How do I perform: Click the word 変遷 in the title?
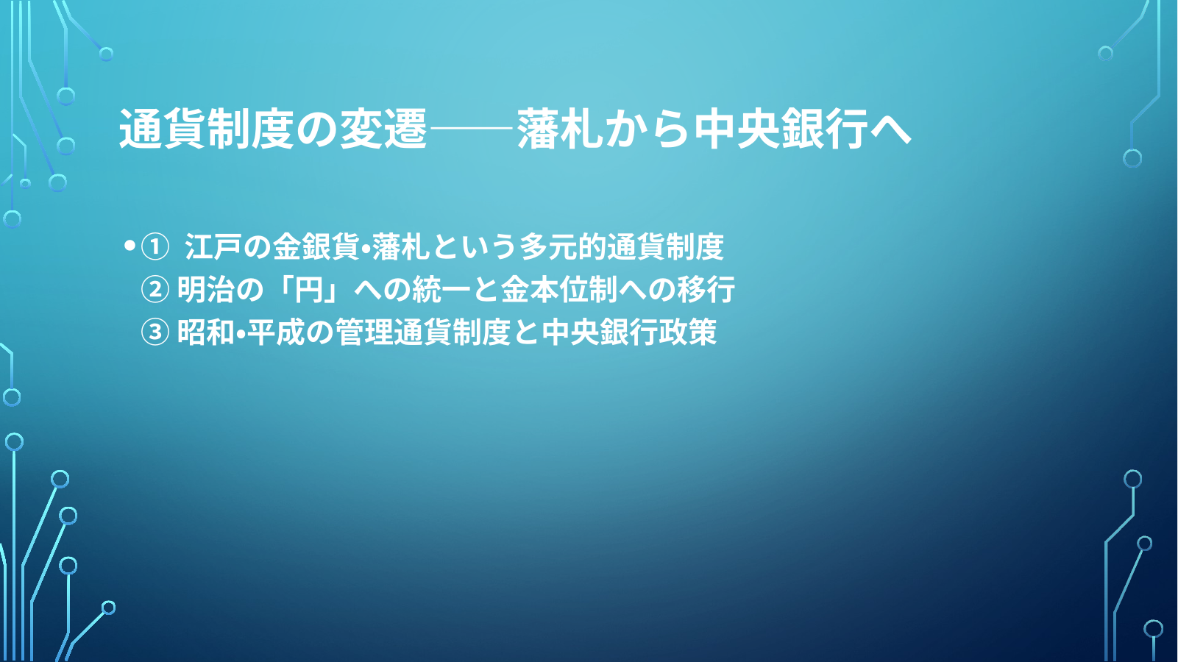click(x=383, y=129)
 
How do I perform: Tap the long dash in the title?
click(x=472, y=128)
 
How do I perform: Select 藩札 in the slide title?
click(x=560, y=129)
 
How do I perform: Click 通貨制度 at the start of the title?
click(x=207, y=129)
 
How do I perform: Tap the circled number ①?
click(x=155, y=247)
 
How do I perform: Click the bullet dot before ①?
click(x=129, y=246)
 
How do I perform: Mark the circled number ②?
click(x=155, y=290)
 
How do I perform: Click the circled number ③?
click(x=155, y=332)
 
